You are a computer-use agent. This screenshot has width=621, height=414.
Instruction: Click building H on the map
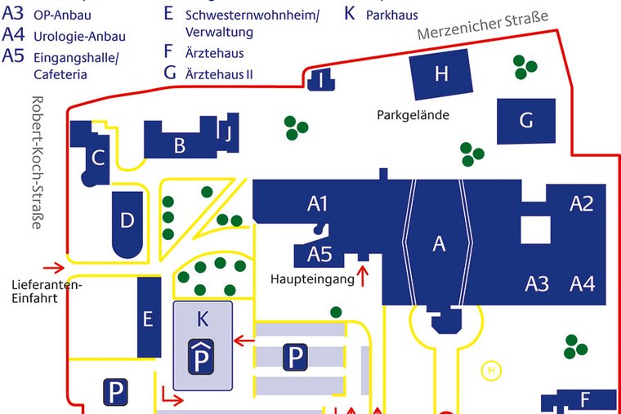click(x=440, y=74)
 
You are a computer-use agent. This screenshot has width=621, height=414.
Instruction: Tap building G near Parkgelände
click(x=526, y=121)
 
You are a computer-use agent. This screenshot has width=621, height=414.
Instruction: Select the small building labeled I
click(x=321, y=79)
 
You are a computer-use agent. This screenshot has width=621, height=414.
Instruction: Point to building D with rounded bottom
click(x=127, y=224)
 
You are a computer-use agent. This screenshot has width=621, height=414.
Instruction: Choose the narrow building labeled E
click(x=149, y=317)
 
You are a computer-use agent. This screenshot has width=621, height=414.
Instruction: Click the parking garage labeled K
click(x=203, y=345)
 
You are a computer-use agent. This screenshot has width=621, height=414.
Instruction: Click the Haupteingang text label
click(x=312, y=279)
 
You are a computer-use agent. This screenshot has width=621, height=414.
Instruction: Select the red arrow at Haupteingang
click(x=362, y=276)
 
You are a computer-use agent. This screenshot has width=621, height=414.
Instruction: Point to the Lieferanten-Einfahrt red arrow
click(x=54, y=268)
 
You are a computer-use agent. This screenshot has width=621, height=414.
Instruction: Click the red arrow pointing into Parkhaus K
click(x=244, y=341)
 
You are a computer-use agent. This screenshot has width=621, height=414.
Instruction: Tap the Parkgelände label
click(x=413, y=115)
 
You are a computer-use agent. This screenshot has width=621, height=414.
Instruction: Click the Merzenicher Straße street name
click(x=483, y=25)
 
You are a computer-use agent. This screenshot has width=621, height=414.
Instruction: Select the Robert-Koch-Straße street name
click(x=37, y=162)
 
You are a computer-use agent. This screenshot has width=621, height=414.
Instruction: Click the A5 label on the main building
click(x=319, y=254)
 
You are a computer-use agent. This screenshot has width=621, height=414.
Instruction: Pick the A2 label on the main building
click(x=582, y=204)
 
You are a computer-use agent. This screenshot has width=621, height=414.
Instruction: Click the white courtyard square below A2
click(x=535, y=230)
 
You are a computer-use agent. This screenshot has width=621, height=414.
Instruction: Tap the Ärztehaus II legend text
click(x=219, y=74)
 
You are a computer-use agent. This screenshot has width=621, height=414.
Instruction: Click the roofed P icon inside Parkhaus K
click(x=201, y=357)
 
